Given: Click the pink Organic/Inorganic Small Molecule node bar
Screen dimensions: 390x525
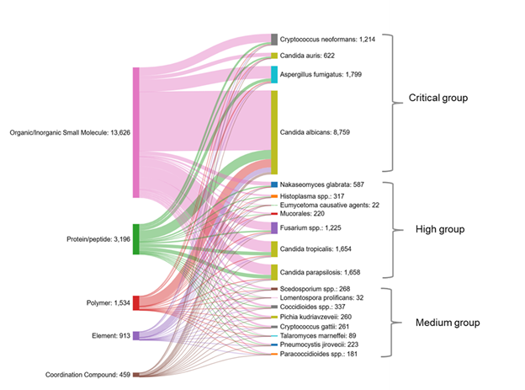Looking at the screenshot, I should coord(135,132).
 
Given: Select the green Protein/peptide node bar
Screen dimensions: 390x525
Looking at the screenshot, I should coord(135,239).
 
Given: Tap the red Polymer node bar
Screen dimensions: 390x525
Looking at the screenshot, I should coord(135,302).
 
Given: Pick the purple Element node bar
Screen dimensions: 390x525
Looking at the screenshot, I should coord(135,335).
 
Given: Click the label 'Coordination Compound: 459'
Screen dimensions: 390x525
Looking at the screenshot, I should coord(87,374).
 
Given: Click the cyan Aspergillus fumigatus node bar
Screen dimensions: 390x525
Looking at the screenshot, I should coord(274,74).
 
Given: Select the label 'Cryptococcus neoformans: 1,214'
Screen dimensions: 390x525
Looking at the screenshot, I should coord(333,39).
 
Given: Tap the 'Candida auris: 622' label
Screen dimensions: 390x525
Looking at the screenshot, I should coord(307,56).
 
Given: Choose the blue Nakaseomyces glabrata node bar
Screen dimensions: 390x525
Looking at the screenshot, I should coord(274,184).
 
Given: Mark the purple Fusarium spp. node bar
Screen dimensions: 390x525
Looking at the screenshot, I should coord(274,227).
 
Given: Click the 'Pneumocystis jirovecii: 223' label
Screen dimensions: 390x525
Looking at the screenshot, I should coord(323,345).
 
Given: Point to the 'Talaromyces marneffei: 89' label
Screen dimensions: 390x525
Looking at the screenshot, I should coord(321,335).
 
